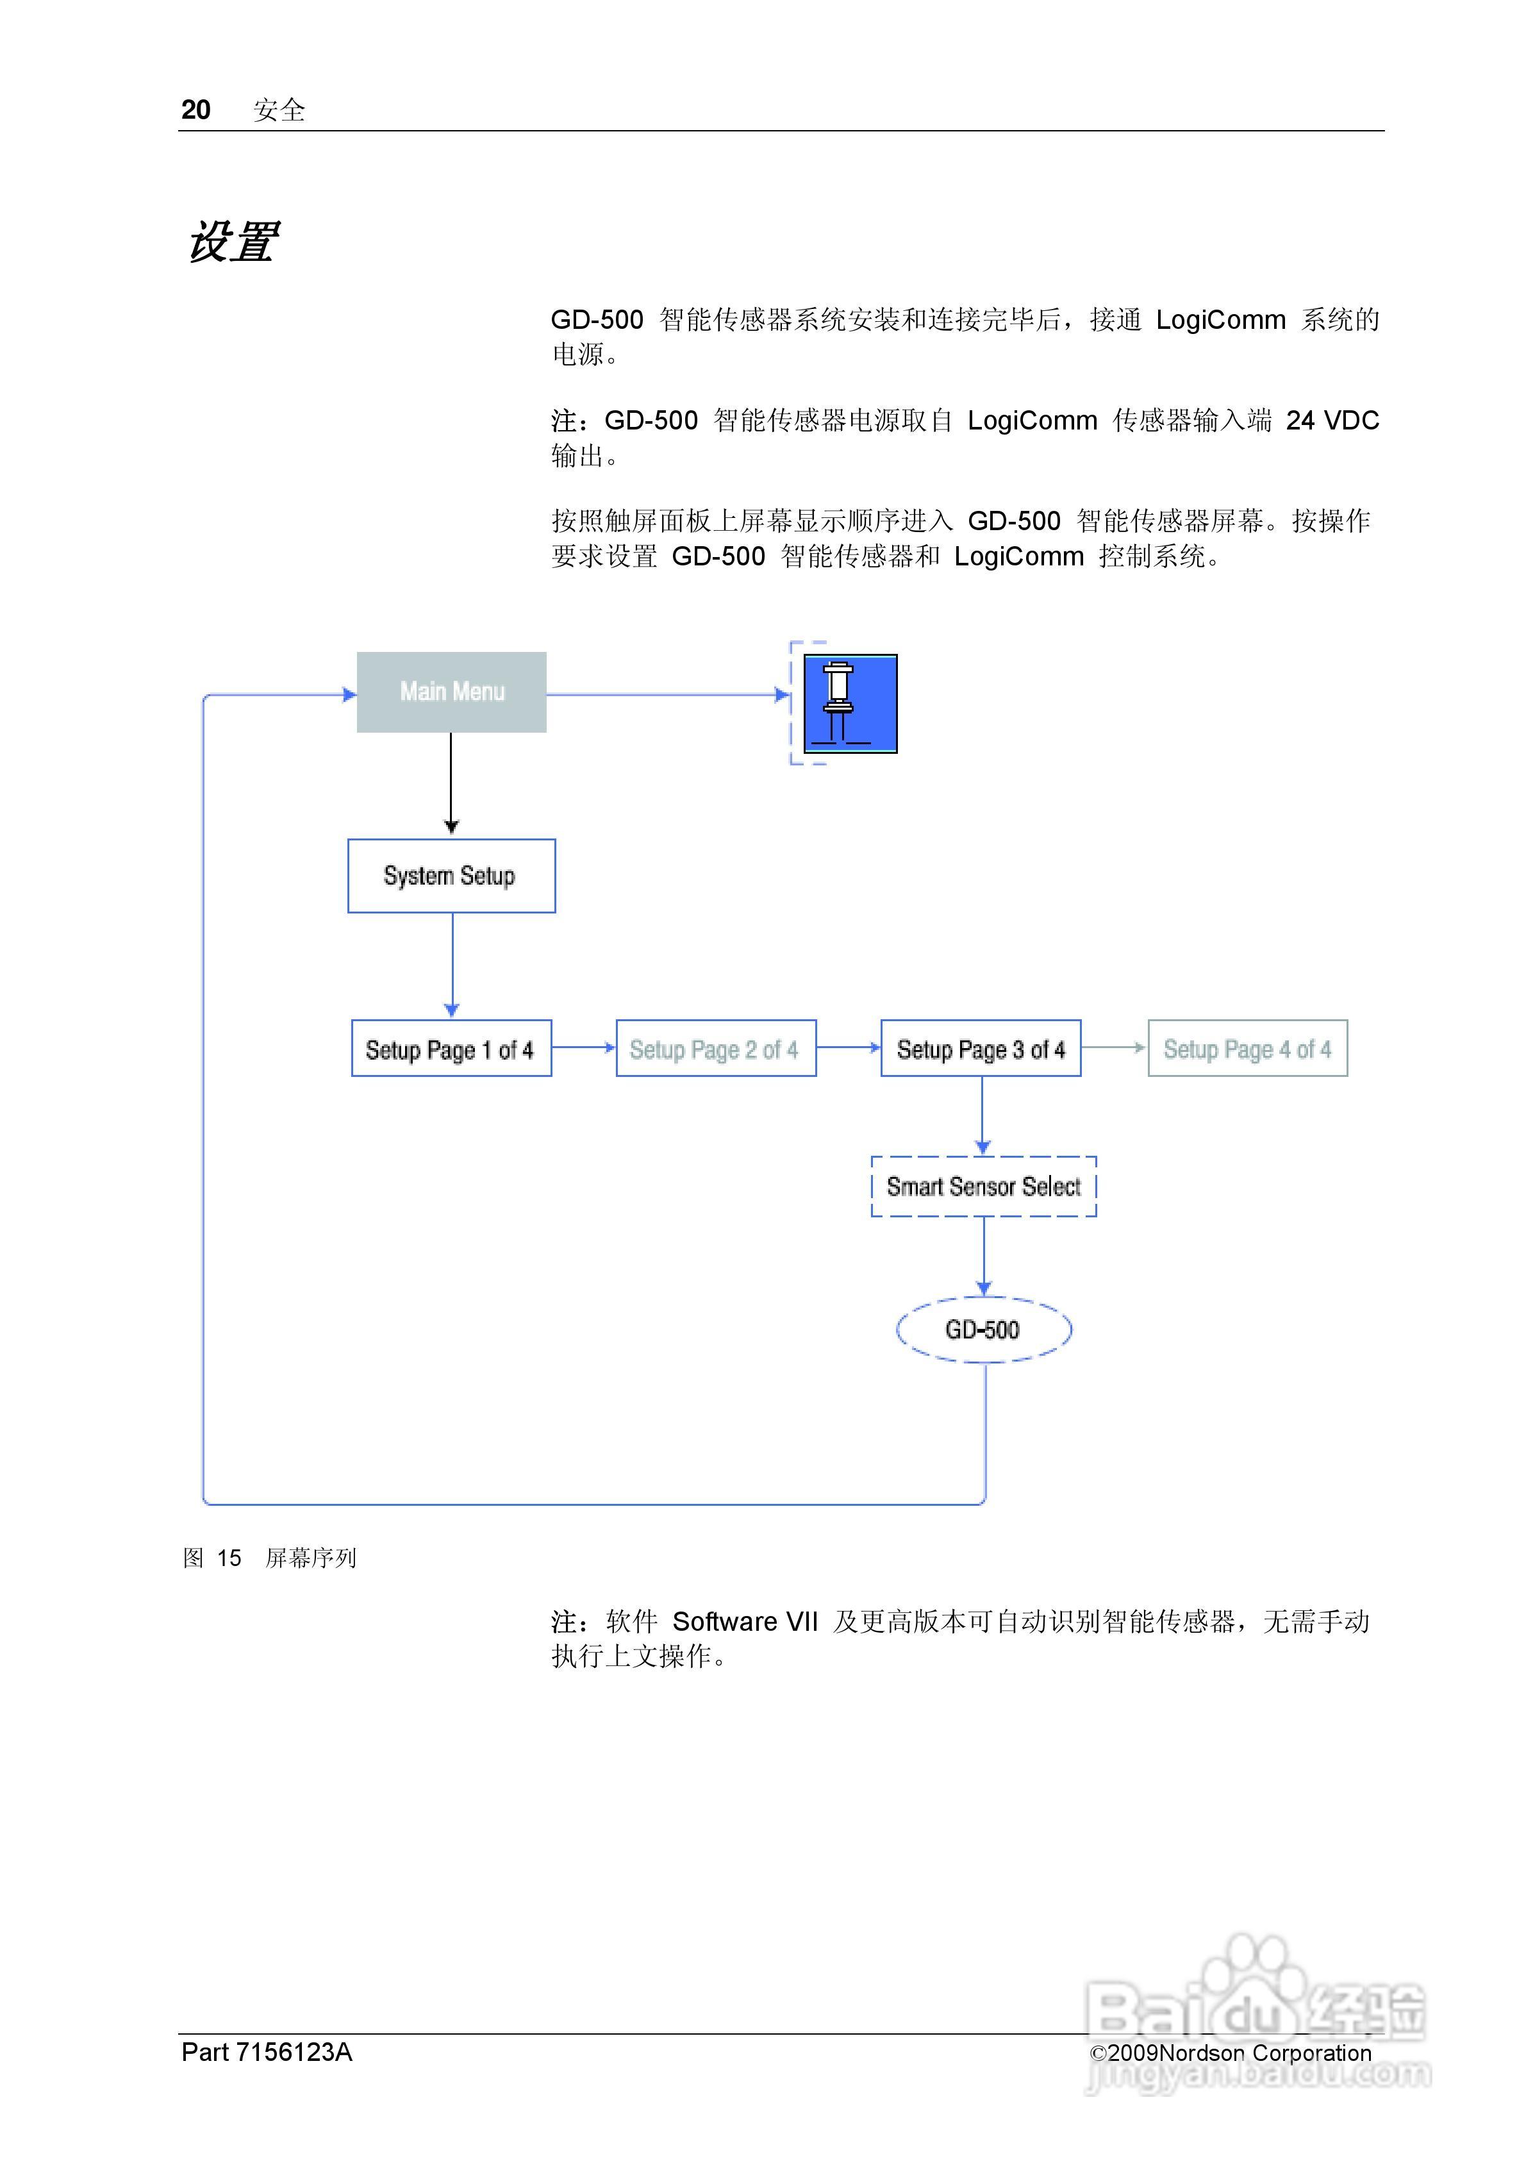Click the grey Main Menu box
(451, 692)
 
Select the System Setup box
(451, 876)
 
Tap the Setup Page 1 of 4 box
(451, 1049)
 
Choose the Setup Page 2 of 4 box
(715, 1049)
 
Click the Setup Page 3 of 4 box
(981, 1049)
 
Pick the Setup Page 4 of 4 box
(1247, 1049)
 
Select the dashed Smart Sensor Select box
(984, 1187)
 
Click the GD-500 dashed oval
(984, 1330)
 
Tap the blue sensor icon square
(850, 703)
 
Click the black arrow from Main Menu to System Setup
(451, 781)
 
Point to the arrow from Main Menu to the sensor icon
(668, 695)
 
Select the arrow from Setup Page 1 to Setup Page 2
(584, 1047)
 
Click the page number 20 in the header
(195, 110)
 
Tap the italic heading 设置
(231, 242)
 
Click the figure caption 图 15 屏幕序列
(270, 1558)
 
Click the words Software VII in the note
(745, 1621)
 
